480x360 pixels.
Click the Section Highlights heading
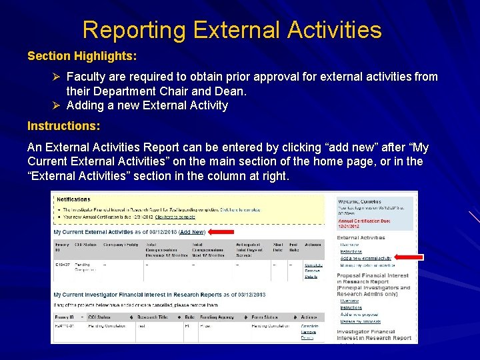(x=82, y=56)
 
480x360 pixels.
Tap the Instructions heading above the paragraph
(x=64, y=126)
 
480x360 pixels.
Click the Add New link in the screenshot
(x=192, y=232)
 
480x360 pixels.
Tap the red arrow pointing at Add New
(x=222, y=232)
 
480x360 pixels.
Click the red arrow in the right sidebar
(x=408, y=257)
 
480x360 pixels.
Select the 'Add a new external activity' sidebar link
(x=365, y=258)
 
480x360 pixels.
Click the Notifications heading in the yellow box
(x=73, y=199)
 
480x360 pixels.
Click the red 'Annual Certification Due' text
(x=364, y=222)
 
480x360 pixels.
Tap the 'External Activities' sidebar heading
(x=361, y=237)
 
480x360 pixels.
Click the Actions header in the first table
(x=313, y=245)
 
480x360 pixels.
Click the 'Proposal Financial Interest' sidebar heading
(x=373, y=275)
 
